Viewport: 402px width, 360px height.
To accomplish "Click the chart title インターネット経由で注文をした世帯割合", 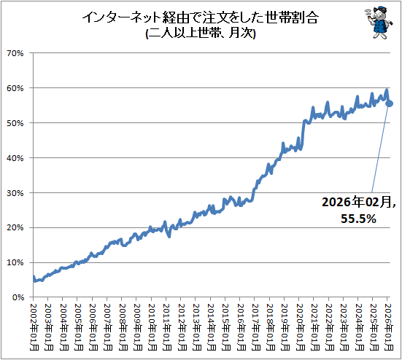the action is coord(201,18).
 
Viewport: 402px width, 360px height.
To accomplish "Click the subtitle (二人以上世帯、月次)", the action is coord(201,33).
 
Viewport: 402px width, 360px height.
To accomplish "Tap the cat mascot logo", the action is coord(379,23).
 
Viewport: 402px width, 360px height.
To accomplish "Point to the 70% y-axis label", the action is coord(15,53).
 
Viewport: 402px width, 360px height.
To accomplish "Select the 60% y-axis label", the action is coord(15,88).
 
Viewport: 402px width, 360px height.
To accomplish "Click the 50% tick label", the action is coord(15,123).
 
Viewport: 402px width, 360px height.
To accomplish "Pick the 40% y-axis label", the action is coord(15,158).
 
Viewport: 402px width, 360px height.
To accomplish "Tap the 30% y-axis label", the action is coord(15,193).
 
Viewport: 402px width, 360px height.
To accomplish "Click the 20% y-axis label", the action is coord(15,227).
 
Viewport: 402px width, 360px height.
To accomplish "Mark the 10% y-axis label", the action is coord(15,262).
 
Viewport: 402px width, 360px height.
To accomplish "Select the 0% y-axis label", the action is coord(18,297).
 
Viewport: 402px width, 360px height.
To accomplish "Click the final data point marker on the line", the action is coord(390,103).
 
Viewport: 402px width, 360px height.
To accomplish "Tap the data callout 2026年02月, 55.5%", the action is coord(358,211).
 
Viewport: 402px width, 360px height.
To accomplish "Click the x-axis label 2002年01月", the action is coord(34,327).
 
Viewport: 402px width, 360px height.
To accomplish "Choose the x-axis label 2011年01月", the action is coord(167,327).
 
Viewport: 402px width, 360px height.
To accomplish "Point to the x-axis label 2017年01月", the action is coord(255,327).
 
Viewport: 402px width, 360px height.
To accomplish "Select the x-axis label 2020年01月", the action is coord(300,327).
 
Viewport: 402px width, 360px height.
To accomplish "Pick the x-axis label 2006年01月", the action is coord(93,327).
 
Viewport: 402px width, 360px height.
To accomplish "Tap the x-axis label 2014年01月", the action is coord(212,327).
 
